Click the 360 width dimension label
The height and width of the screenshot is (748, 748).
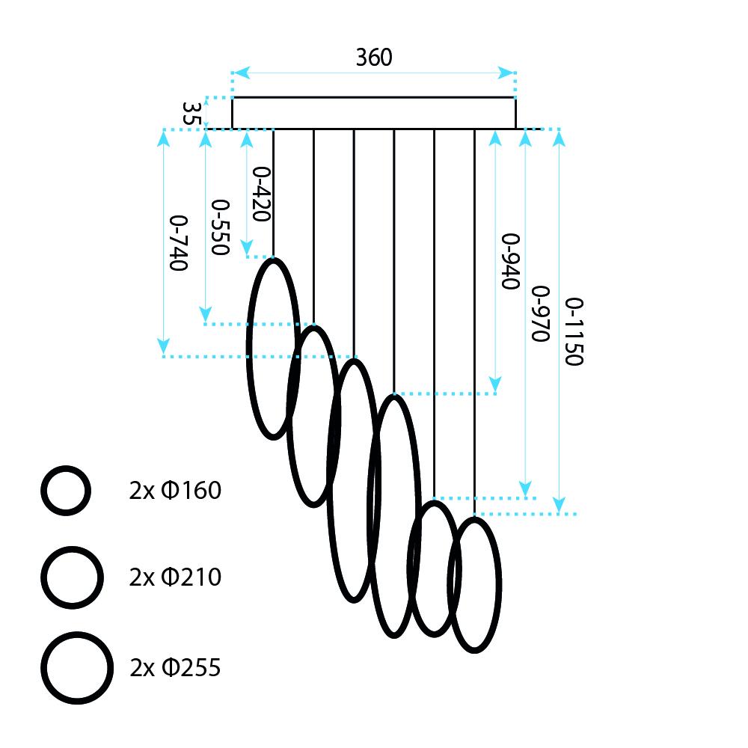[x=373, y=57]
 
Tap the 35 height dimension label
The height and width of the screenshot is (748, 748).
[x=192, y=113]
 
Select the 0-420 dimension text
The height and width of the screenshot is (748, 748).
[x=260, y=194]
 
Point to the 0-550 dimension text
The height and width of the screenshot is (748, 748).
[x=219, y=227]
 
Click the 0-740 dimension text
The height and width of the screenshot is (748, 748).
[x=178, y=243]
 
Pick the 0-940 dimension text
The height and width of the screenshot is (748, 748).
[x=510, y=261]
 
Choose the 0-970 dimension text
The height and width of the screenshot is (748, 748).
[x=539, y=313]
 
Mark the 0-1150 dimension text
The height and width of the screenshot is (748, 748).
[x=573, y=331]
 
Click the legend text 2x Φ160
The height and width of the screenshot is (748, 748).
[x=175, y=491]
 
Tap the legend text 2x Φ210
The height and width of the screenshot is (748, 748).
[x=175, y=577]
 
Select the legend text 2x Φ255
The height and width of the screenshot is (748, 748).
[x=175, y=667]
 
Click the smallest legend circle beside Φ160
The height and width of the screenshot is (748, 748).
[x=66, y=491]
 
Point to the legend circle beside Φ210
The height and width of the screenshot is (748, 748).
[x=71, y=577]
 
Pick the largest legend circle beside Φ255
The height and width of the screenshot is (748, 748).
[x=77, y=667]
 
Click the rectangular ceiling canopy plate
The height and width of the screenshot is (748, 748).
[x=373, y=113]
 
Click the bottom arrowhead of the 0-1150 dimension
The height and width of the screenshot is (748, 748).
[x=560, y=506]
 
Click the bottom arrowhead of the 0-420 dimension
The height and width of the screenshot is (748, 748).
[x=248, y=249]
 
